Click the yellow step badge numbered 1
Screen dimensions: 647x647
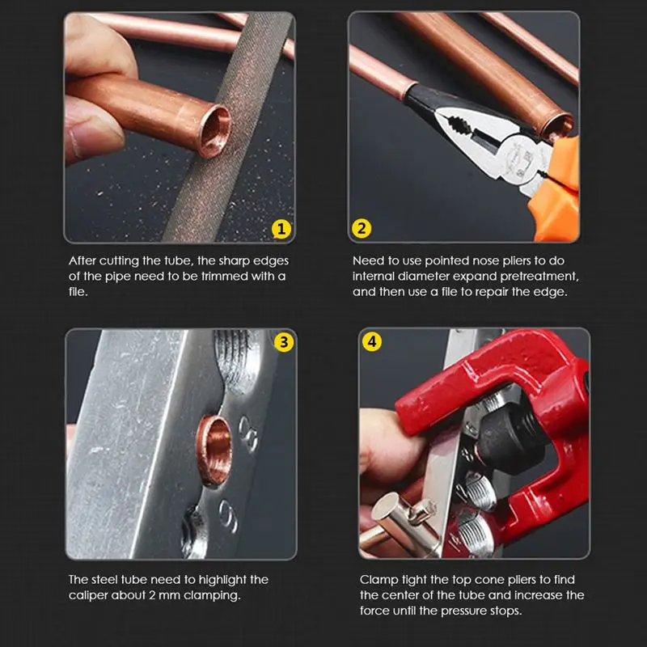point(281,229)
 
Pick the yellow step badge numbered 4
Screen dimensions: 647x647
point(371,342)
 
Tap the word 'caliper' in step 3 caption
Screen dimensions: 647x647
point(87,595)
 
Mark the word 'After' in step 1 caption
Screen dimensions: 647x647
point(82,261)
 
